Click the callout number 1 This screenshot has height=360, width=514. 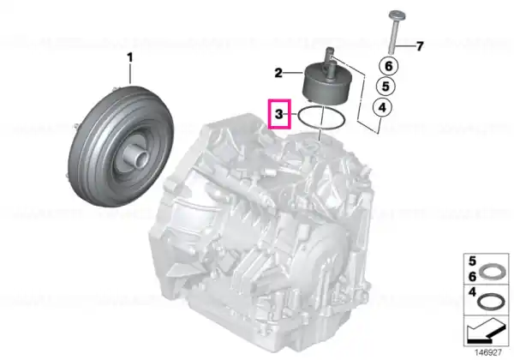coord(130,57)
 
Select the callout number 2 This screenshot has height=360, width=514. coord(278,73)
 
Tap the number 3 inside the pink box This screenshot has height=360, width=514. coord(279,114)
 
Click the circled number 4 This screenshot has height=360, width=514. coord(383,107)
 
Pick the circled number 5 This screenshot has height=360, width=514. coord(385,87)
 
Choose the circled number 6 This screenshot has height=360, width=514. coord(388,66)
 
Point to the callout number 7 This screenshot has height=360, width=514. coord(420,46)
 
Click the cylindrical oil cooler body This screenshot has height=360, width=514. coord(327,82)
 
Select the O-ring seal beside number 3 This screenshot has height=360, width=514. coord(321,118)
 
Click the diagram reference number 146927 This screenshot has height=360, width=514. coord(488,353)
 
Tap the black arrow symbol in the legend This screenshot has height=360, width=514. coord(486,331)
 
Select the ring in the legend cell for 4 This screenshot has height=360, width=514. coord(490,302)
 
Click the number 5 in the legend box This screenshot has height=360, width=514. coord(472,261)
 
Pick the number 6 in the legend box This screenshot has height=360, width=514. coord(472,277)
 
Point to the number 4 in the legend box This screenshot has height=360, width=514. coord(472,292)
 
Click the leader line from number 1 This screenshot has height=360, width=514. coord(130,74)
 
